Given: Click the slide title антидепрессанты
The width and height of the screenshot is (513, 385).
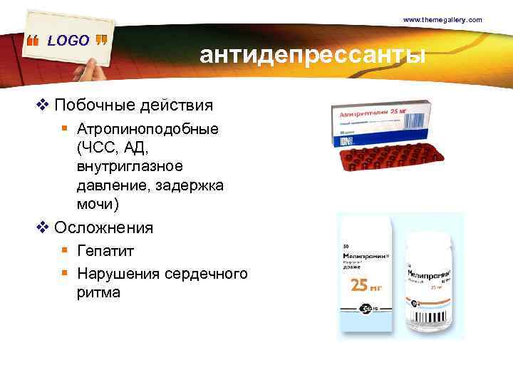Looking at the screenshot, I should tap(313, 55).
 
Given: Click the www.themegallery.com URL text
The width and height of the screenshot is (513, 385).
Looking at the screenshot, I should tap(442, 19).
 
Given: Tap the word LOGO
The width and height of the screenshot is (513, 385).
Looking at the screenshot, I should tap(68, 41).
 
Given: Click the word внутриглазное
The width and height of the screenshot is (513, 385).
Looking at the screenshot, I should tap(128, 167).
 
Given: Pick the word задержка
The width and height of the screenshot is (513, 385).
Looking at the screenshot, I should tap(192, 185).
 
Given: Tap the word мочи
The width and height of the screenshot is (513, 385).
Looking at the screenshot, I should tap(95, 204).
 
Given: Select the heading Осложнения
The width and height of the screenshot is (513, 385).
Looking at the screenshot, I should tap(103, 228).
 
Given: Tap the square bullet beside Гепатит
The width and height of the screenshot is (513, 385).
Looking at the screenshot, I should tap(64, 252).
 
